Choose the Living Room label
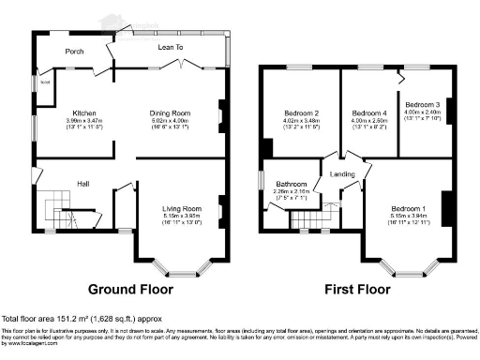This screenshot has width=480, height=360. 179,206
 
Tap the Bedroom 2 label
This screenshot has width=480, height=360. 303,112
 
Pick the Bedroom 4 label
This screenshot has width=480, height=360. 367,112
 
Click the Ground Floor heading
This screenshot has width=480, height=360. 134,291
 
